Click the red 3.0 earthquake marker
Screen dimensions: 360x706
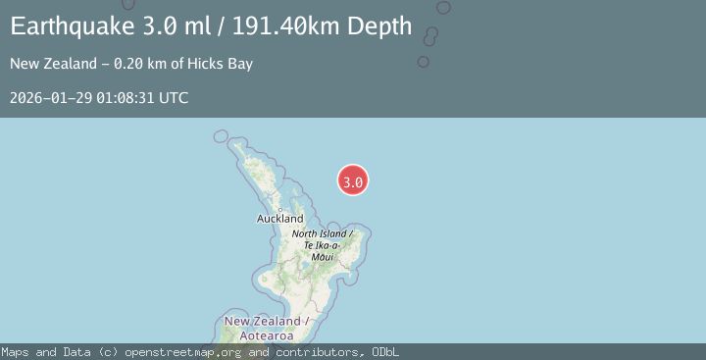353,180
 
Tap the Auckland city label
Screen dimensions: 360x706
280,218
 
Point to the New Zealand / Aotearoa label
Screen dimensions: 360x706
267,328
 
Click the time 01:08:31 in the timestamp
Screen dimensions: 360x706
123,98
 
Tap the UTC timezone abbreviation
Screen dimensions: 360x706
173,98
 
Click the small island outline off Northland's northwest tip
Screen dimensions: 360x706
221,136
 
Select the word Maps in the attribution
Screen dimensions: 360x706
16,352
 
